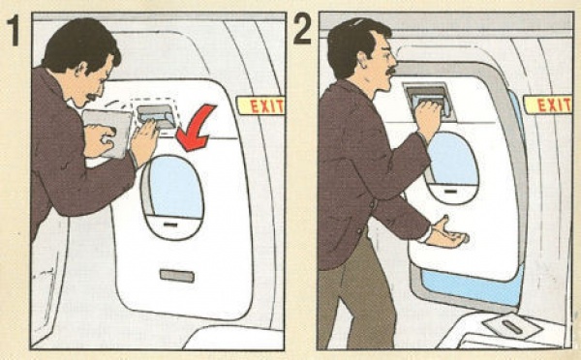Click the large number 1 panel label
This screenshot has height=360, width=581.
pos(14,31)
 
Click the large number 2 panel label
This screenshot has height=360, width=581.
pos(302,29)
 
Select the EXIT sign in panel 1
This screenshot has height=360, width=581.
pos(261,105)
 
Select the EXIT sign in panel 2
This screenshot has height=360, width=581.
pos(548,105)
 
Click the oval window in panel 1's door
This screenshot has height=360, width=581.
pos(172,196)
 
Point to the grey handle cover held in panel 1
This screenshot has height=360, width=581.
pos(107,134)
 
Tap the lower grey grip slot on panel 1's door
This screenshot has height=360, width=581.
pos(177,276)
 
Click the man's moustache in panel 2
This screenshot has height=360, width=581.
pos(390,71)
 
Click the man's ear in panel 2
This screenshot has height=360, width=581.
pos(361,60)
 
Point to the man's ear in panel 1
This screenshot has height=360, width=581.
pos(82,70)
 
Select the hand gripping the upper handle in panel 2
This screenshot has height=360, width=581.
pos(429,118)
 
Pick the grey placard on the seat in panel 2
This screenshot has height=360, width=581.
pos(511,326)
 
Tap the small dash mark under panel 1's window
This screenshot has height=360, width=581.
pos(170,225)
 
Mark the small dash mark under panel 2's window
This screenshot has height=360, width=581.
pos(450,191)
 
